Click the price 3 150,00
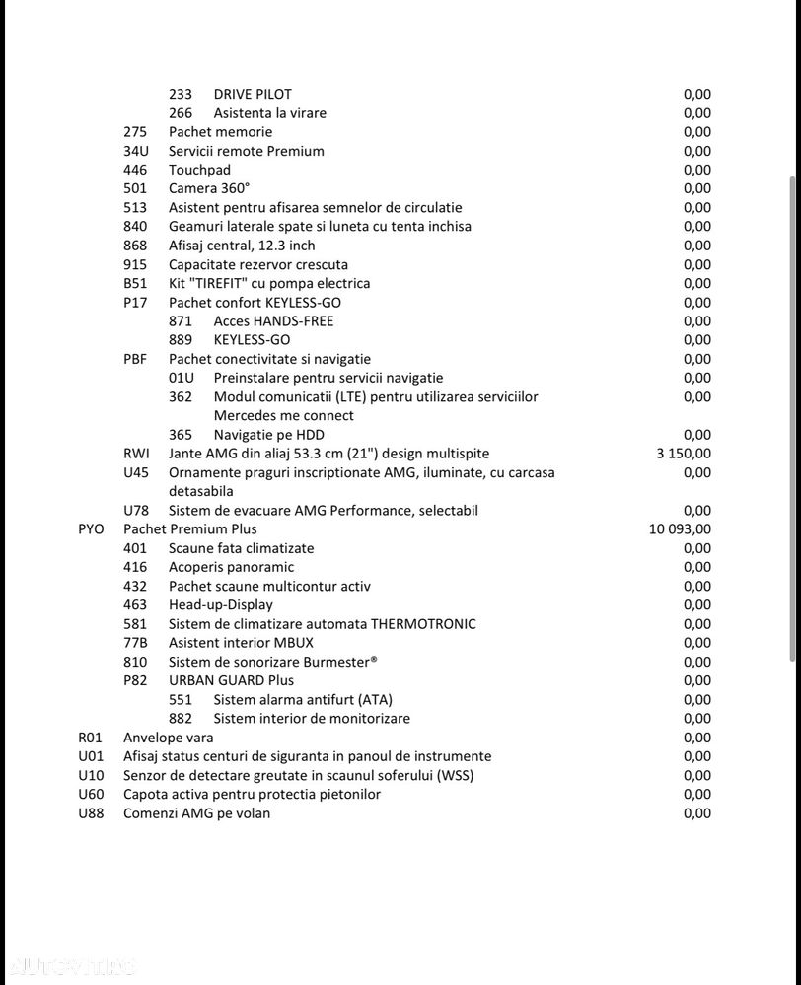[683, 454]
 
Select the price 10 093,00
[680, 529]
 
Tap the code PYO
[91, 529]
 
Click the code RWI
[136, 454]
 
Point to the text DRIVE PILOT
[253, 95]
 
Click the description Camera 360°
[209, 188]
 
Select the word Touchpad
[199, 170]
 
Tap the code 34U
[136, 151]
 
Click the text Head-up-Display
[221, 604]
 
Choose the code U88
[91, 813]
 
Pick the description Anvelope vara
[168, 738]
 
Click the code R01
[91, 738]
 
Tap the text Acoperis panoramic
[231, 567]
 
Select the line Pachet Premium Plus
[190, 529]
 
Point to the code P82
[136, 680]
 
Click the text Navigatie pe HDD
[269, 435]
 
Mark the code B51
[136, 283]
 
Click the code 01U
[182, 378]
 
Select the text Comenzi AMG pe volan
[196, 813]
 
